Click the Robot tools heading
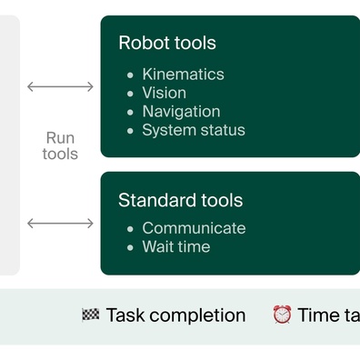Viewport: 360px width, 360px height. click(x=167, y=43)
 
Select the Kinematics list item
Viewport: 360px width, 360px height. click(x=183, y=74)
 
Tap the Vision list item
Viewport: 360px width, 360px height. click(x=164, y=93)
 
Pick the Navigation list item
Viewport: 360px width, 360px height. click(x=181, y=111)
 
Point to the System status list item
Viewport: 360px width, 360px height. click(x=194, y=130)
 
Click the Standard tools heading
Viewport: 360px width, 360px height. click(x=180, y=200)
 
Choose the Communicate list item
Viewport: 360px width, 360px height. click(x=194, y=228)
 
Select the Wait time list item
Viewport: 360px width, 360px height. click(x=175, y=246)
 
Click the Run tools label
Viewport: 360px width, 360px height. click(x=60, y=146)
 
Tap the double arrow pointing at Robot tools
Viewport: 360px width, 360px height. click(x=60, y=86)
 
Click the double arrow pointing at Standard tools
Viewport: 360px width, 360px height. click(x=60, y=223)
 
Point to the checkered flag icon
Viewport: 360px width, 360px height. click(x=90, y=315)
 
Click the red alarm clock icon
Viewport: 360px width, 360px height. click(x=283, y=315)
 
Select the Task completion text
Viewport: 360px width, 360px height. click(x=175, y=315)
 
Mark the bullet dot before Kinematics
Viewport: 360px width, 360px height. click(x=130, y=75)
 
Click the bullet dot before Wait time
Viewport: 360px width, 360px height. click(x=130, y=247)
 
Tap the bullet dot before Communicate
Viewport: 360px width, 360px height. click(x=130, y=229)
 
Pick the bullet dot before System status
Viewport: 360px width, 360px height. click(x=130, y=131)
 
